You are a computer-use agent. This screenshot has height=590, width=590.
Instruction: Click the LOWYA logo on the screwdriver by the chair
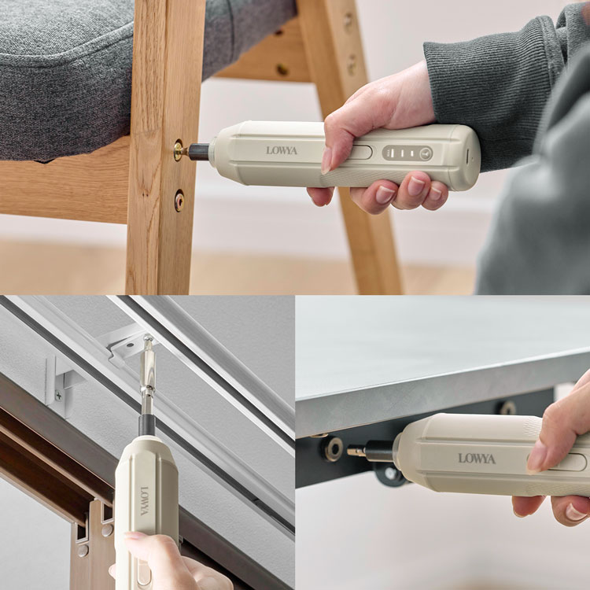(x=282, y=150)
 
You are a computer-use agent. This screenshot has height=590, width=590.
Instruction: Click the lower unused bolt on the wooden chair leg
(x=179, y=201)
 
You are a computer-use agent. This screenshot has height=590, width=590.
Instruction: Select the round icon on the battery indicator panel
(x=426, y=153)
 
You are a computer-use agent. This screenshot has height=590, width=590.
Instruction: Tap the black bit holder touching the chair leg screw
(x=198, y=152)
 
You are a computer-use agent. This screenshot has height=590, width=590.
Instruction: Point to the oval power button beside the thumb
(x=360, y=153)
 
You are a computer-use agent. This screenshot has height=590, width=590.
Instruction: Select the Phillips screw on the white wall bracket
(x=59, y=396)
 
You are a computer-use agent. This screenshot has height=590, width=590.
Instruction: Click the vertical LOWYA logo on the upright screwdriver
(x=145, y=501)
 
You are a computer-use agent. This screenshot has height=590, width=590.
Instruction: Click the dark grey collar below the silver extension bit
(x=147, y=425)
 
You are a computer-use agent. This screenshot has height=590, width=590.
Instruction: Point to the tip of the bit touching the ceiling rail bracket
(x=148, y=336)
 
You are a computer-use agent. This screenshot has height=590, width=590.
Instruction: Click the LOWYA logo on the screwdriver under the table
(x=477, y=459)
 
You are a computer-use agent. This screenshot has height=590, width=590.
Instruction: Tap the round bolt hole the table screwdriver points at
(x=334, y=449)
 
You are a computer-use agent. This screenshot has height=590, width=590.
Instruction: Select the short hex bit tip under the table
(x=356, y=451)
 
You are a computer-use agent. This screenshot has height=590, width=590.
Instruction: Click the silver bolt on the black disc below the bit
(x=390, y=474)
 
